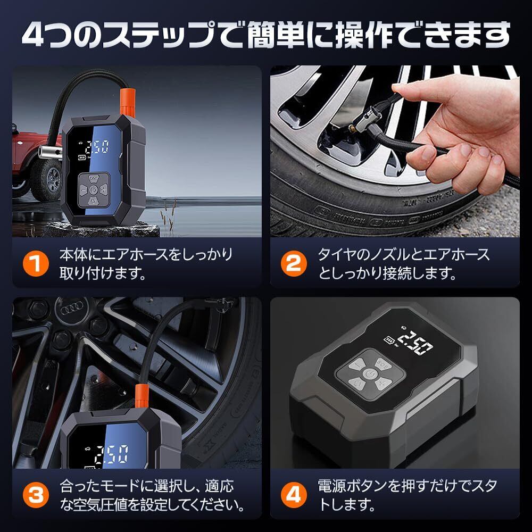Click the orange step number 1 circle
(36, 264)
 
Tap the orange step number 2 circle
(294, 264)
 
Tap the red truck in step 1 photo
(34, 163)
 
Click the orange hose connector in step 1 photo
(128, 102)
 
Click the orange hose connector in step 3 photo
(142, 396)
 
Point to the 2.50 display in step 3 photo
(111, 455)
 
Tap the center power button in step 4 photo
(370, 375)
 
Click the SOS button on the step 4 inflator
(383, 364)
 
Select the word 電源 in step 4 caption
(331, 486)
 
